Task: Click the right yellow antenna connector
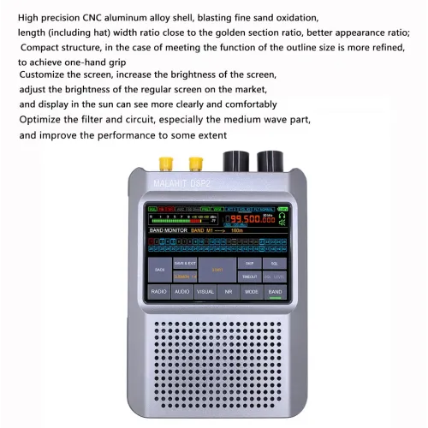coord(195,162)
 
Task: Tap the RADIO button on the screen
coord(158,292)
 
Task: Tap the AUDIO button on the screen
coord(181,292)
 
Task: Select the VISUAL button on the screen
coord(205,292)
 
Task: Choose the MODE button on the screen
coord(251,292)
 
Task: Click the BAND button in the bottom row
coord(274,292)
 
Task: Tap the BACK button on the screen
coord(159,270)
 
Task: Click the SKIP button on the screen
coord(248,264)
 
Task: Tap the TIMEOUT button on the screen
coord(248,276)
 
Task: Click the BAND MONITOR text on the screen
coord(169,231)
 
